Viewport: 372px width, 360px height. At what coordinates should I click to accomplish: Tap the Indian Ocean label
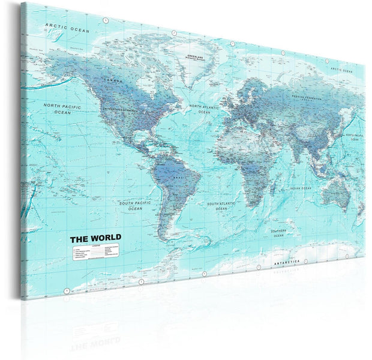301,188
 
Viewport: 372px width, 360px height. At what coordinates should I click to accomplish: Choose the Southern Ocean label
278,233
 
